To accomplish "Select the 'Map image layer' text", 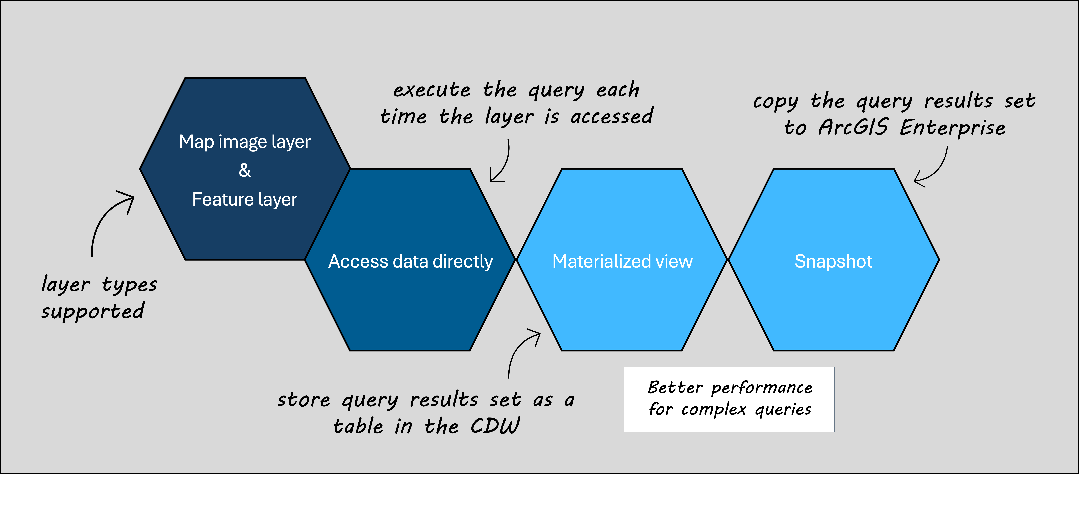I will [x=245, y=142].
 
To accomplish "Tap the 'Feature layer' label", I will [x=245, y=200].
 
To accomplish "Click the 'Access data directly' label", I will [x=411, y=262].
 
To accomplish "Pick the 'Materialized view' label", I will [x=622, y=262].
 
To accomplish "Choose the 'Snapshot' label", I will [x=834, y=262].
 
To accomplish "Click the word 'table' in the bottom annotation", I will [x=358, y=426].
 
